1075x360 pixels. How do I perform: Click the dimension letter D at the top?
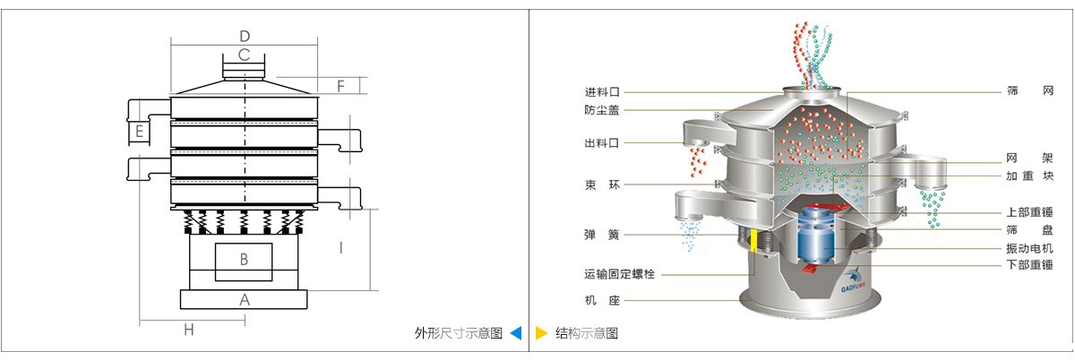pos(244,36)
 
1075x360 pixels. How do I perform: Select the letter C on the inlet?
pos(244,55)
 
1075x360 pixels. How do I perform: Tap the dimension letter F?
pos(340,86)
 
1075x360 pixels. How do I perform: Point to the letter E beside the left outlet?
pos(140,132)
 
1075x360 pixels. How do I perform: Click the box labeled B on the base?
pos(244,260)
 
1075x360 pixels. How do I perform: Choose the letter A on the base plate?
pos(244,300)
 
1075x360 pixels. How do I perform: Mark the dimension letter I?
pos(340,248)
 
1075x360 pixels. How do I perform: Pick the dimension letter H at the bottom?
pos(189,330)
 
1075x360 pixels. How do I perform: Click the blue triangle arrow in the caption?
pos(515,333)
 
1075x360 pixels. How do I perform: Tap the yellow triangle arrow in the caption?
pos(541,333)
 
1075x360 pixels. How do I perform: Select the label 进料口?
pos(602,91)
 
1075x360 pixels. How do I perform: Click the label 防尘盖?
pos(602,110)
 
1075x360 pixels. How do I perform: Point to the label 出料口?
pos(602,142)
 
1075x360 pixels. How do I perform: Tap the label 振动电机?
pos(1029,248)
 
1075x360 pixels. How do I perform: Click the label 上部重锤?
pos(1029,213)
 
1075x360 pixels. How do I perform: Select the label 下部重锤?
pos(1029,265)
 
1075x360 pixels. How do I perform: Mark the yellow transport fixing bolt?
pos(754,243)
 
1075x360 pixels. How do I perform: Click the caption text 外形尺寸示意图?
pos(458,333)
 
